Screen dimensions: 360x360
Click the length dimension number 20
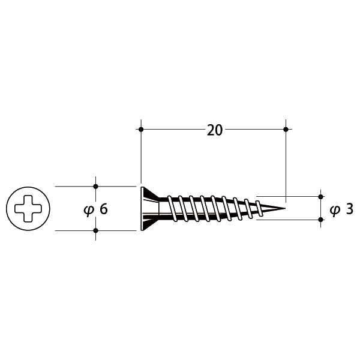[215, 130]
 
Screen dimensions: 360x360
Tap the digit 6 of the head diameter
[104, 209]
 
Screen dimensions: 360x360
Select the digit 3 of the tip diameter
[349, 209]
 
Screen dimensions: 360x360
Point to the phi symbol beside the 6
[89, 211]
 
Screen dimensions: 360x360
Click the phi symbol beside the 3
[335, 211]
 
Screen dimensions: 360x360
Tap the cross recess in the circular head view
[28, 209]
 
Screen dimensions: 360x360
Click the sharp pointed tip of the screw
[285, 208]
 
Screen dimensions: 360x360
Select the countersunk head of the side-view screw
[149, 209]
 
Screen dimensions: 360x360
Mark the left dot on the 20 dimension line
[141, 129]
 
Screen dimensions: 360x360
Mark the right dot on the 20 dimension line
[286, 129]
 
